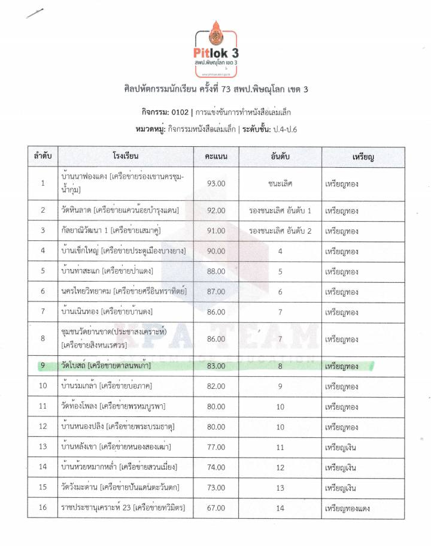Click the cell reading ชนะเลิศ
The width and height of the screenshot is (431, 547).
(x=280, y=183)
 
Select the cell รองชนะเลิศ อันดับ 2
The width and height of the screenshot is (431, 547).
(x=280, y=230)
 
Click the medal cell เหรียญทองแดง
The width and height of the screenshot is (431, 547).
(x=347, y=509)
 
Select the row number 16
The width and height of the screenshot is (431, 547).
(x=43, y=509)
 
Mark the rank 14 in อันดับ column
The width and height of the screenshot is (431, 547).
(x=280, y=509)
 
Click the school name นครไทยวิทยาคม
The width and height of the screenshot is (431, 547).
(x=87, y=291)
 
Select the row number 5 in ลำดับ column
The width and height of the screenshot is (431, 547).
(x=43, y=271)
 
